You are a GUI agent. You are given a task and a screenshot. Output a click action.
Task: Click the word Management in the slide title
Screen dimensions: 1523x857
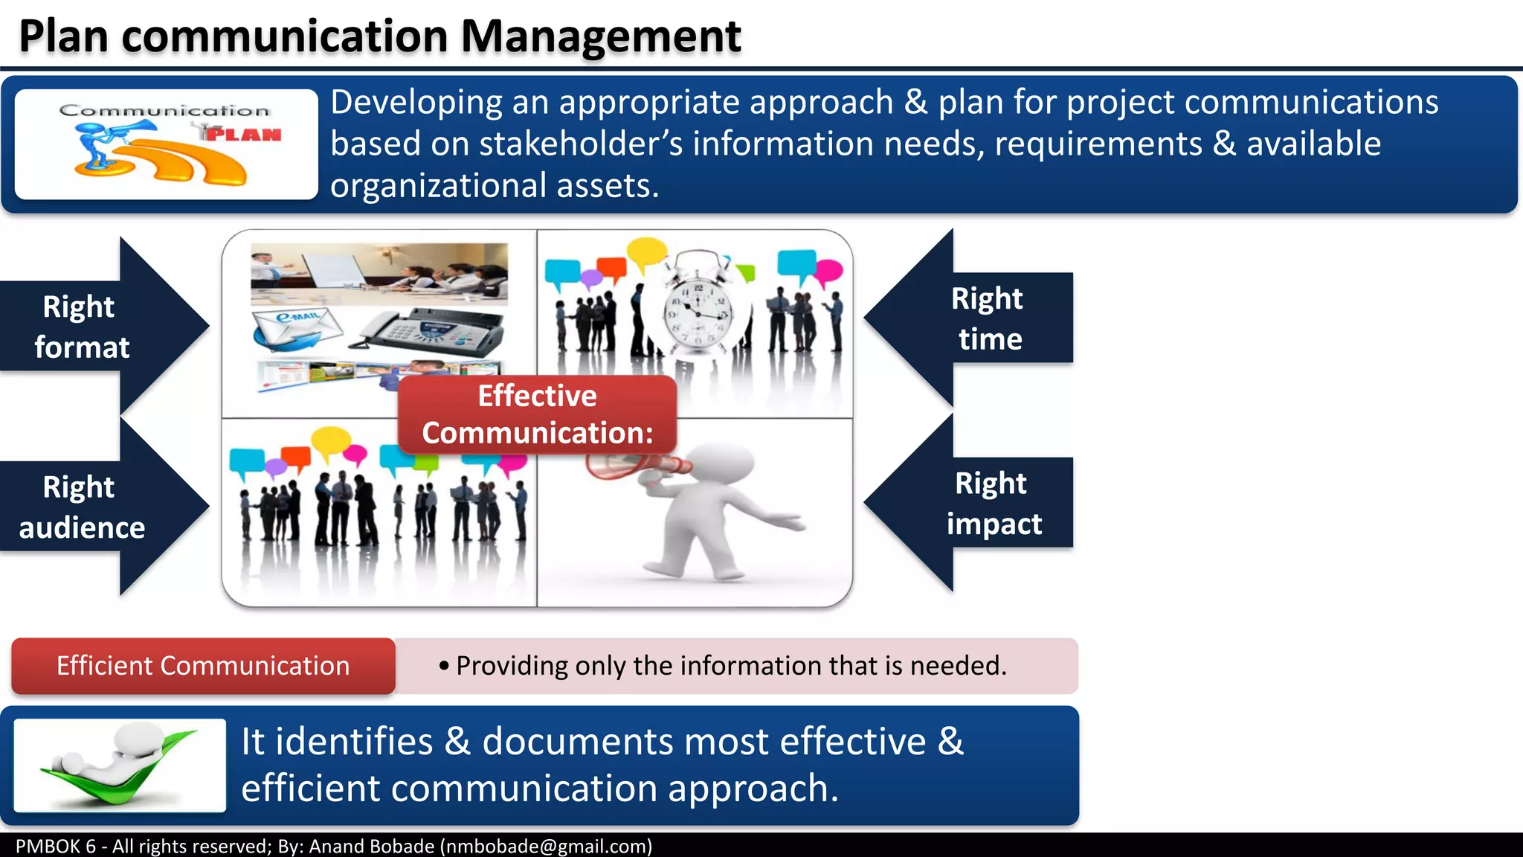click(601, 37)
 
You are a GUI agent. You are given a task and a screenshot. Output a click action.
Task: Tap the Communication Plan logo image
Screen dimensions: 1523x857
click(167, 144)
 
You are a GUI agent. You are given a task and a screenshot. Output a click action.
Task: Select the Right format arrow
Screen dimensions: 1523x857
click(104, 326)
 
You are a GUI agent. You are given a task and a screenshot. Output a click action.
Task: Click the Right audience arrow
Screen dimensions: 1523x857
click(104, 507)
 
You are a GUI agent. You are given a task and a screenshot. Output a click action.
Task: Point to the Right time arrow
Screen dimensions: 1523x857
click(968, 318)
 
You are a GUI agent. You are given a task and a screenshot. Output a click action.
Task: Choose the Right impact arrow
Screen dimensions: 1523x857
click(968, 503)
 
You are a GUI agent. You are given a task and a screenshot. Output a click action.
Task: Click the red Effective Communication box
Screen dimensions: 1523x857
click(537, 414)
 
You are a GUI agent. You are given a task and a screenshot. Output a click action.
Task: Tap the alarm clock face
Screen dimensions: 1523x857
click(698, 312)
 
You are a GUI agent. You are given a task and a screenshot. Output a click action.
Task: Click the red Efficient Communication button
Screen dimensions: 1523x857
click(203, 666)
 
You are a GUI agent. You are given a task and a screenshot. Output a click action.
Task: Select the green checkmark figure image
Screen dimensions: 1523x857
click(120, 765)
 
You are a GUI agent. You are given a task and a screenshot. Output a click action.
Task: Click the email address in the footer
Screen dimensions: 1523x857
click(546, 847)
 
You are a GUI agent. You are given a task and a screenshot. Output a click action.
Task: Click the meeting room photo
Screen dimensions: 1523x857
click(379, 274)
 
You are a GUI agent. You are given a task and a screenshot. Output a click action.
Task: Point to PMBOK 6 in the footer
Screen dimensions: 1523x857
click(56, 847)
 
